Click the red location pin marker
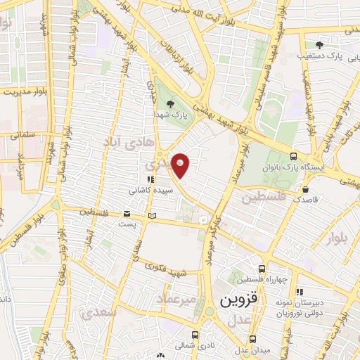(181, 165)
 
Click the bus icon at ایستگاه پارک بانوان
(293, 157)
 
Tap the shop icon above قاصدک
(305, 188)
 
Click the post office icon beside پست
(127, 213)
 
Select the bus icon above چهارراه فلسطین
(262, 269)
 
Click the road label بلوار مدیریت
(27, 91)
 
